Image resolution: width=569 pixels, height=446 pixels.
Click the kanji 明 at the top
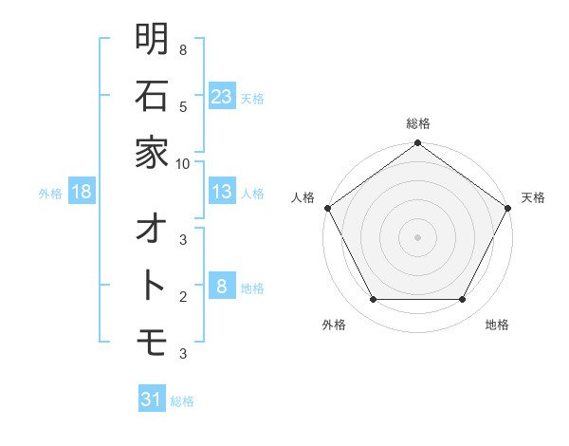152,39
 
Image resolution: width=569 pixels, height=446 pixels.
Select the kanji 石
152,96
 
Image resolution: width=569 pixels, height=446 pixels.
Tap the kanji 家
152,152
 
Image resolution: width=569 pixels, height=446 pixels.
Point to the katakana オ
152,230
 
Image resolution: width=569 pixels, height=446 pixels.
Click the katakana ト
152,286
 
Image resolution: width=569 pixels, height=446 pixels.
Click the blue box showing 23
221,96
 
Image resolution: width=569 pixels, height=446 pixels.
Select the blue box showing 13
221,192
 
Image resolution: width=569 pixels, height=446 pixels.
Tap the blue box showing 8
221,286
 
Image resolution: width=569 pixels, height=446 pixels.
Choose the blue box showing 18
82,192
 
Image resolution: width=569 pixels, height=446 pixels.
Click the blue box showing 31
152,400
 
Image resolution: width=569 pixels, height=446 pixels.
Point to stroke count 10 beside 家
183,163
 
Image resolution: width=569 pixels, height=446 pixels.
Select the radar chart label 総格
418,124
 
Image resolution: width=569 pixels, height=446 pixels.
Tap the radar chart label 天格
533,197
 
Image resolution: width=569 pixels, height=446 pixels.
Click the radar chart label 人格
303,197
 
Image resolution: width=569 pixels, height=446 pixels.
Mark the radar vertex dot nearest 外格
373,300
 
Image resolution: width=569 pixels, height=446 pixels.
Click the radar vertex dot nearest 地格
463,300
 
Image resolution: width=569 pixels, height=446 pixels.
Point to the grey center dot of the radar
418,237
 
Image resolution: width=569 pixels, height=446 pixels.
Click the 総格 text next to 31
182,400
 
